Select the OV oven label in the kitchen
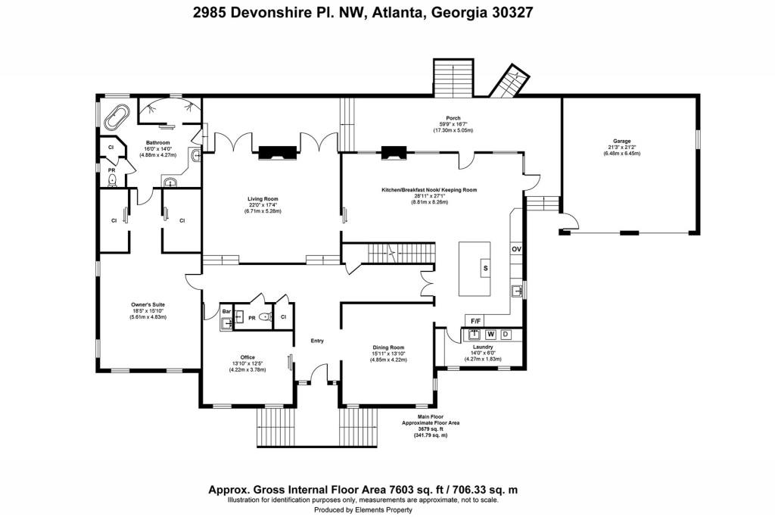(x=517, y=249)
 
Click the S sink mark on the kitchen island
(x=485, y=268)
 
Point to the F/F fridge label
(x=477, y=320)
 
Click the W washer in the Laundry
(x=490, y=334)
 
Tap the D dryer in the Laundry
(x=506, y=334)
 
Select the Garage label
(x=622, y=141)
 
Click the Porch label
(x=453, y=118)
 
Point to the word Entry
(x=317, y=341)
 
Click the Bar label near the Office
(x=226, y=311)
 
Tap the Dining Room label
(x=388, y=348)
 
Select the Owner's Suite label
(x=147, y=306)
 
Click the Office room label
(x=247, y=357)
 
